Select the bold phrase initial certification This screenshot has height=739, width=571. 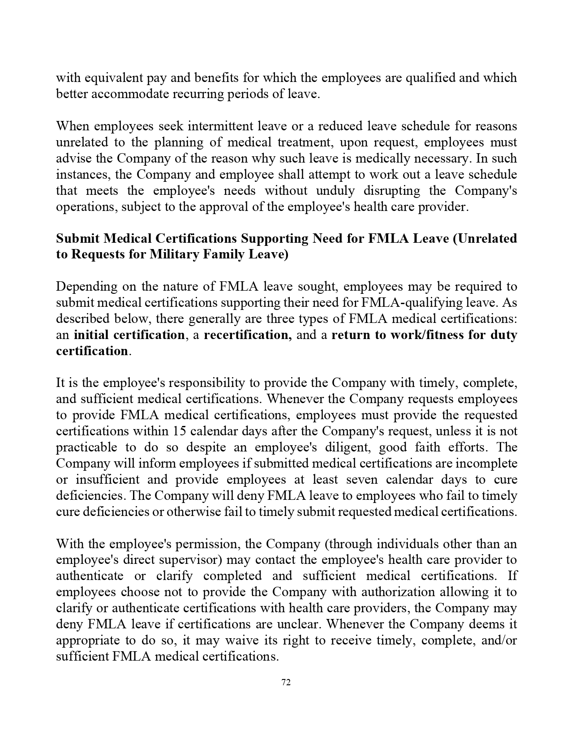pyautogui.click(x=129, y=335)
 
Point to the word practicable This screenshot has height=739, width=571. pyautogui.click(x=86, y=447)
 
